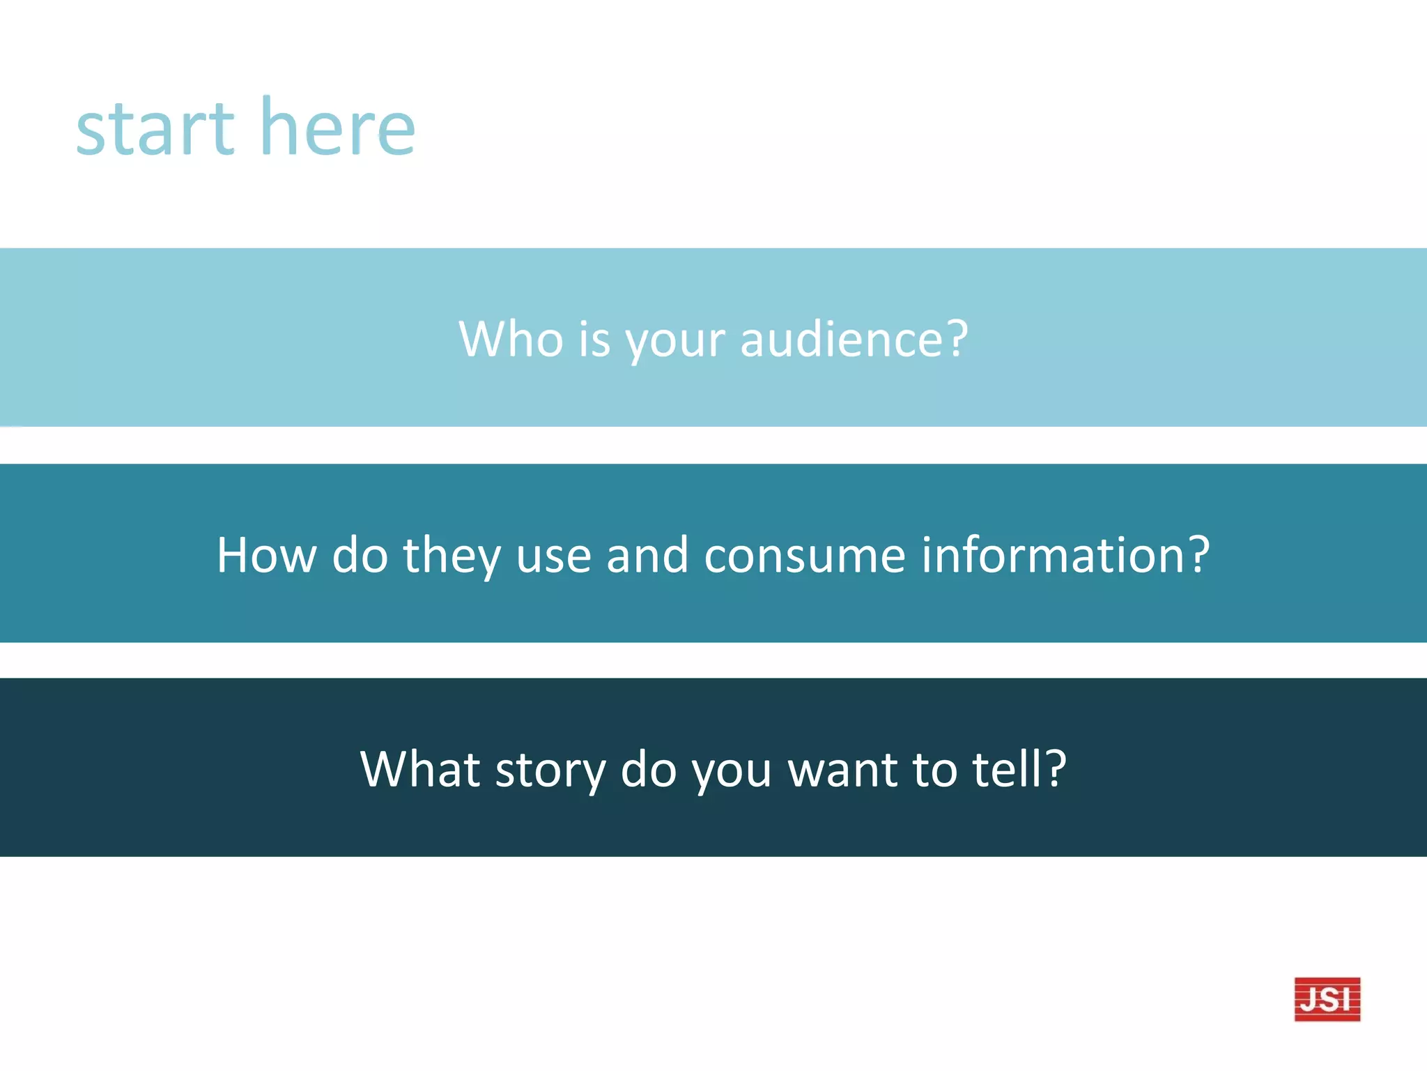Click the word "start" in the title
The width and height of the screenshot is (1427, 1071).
(x=155, y=129)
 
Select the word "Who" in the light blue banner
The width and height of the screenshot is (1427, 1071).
(x=511, y=339)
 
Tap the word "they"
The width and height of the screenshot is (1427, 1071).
(x=452, y=556)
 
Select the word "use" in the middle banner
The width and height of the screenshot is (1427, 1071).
(x=554, y=558)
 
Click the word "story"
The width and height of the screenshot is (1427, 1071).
(x=550, y=770)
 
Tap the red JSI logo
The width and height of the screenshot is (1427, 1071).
(x=1327, y=998)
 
